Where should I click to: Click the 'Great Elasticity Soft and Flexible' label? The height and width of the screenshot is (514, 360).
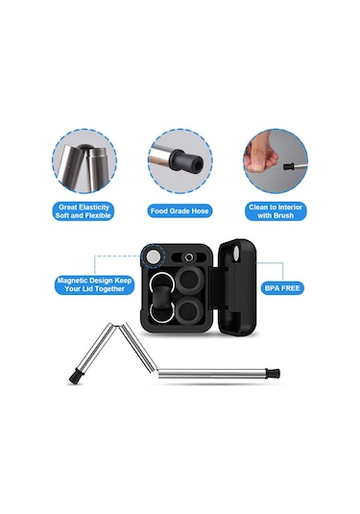coord(83,211)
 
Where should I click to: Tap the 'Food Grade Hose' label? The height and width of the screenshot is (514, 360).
coord(180,211)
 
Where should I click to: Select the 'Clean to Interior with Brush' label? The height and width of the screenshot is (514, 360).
coord(276,211)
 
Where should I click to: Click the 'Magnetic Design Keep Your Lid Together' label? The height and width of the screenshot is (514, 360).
coord(94,285)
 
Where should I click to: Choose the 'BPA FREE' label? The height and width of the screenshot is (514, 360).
coord(282,288)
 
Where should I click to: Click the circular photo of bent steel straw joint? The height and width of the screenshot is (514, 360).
coord(84,161)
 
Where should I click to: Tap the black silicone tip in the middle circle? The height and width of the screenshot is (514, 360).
coord(185,161)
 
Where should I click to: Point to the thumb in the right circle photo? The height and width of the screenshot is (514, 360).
coord(261,154)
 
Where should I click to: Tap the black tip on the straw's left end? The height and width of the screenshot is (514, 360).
coord(75,378)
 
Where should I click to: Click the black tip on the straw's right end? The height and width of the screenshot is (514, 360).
coord(274,373)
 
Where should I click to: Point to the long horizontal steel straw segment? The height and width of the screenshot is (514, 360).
coord(212,374)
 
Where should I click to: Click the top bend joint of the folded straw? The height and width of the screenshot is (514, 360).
coord(117,325)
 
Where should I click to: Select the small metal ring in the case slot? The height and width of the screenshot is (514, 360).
coord(188,257)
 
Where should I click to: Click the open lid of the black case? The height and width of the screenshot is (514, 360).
coord(236,286)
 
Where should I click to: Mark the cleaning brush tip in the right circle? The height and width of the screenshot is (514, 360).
coord(288,166)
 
